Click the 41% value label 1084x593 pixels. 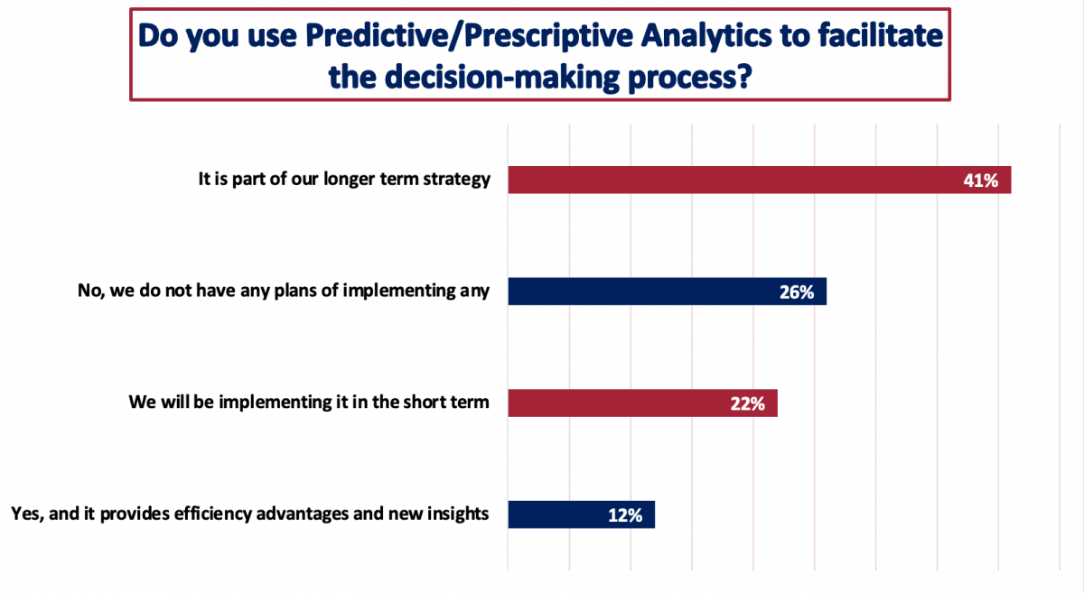click(980, 181)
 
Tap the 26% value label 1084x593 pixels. click(797, 292)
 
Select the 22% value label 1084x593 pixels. click(748, 403)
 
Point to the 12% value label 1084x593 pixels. click(625, 515)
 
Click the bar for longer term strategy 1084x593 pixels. click(760, 180)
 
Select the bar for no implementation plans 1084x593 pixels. click(668, 292)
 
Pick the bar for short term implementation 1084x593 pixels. click(642, 403)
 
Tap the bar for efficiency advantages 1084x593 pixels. click(581, 514)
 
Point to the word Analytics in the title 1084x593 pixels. click(706, 37)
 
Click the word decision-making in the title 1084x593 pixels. click(502, 78)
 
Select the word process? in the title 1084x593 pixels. click(690, 79)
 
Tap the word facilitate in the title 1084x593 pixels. click(881, 36)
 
